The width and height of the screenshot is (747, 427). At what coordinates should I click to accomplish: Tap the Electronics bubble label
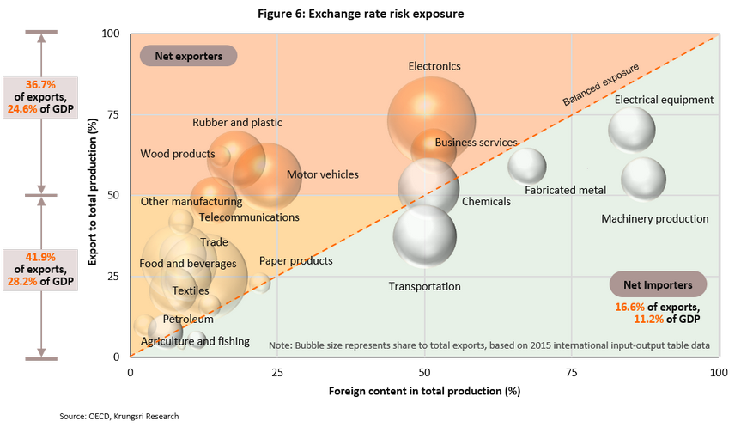434,66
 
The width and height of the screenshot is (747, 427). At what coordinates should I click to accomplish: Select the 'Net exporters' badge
188,57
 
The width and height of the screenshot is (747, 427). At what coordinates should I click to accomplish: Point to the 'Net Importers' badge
658,284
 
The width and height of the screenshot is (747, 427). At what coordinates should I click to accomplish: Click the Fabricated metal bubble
527,166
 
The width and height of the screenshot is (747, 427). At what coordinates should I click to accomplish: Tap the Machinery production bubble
643,179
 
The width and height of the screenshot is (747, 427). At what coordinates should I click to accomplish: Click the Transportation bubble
424,235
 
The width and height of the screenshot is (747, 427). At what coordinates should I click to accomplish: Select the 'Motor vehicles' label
323,175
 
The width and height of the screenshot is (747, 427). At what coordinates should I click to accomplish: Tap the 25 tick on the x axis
276,373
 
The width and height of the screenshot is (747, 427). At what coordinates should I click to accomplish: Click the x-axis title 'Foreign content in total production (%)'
425,392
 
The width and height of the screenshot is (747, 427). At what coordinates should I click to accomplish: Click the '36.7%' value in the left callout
40,85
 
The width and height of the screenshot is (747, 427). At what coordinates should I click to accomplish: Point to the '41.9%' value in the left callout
40,256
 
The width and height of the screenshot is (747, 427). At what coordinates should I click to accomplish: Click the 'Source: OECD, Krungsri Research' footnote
119,416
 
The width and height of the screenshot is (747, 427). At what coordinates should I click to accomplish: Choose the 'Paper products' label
295,261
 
